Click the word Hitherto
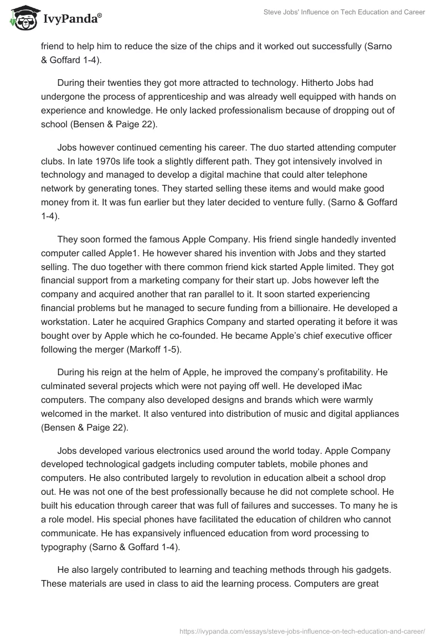tap(320, 82)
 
